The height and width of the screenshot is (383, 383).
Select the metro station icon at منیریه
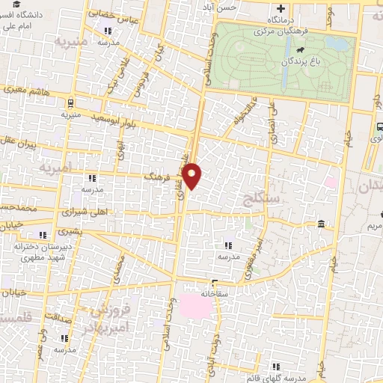[70, 103]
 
